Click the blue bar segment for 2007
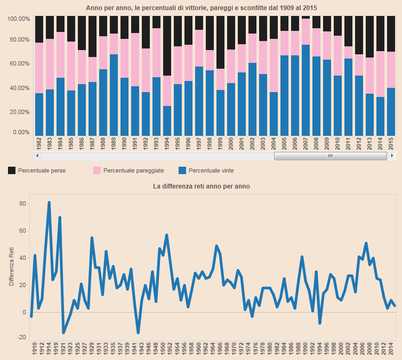pyautogui.click(x=306, y=90)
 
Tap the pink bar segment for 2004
pyautogui.click(x=274, y=66)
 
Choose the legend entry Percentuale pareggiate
pyautogui.click(x=133, y=170)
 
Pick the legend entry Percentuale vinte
pyautogui.click(x=211, y=170)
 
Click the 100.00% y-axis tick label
pyautogui.click(x=19, y=19)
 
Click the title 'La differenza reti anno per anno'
pyautogui.click(x=201, y=186)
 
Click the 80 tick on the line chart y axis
pyautogui.click(x=22, y=203)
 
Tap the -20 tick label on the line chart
pyautogui.click(x=21, y=337)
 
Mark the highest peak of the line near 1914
pyautogui.click(x=49, y=202)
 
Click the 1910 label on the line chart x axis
pyautogui.click(x=34, y=350)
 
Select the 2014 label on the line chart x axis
pyautogui.click(x=392, y=350)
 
